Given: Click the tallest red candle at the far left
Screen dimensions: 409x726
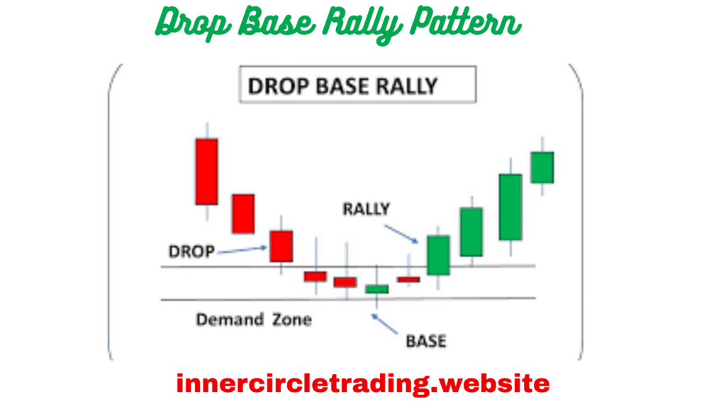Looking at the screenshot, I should click(206, 171).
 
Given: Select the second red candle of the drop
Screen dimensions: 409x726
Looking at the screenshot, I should click(242, 213).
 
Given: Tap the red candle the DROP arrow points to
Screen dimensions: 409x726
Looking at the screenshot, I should click(281, 246).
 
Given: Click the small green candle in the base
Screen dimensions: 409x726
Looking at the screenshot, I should click(376, 288).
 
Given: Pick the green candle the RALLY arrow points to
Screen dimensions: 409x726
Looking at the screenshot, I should click(437, 255).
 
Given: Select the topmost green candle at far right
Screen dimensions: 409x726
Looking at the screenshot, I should click(542, 167).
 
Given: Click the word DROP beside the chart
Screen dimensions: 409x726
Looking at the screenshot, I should click(191, 251).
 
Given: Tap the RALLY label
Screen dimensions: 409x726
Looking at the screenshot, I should click(366, 209).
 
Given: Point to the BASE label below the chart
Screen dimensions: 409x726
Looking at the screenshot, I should click(425, 341).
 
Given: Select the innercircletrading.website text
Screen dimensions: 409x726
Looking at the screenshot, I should click(362, 384).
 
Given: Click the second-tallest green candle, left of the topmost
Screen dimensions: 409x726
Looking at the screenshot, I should click(510, 207).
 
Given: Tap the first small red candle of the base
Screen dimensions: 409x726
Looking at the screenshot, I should click(315, 276).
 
